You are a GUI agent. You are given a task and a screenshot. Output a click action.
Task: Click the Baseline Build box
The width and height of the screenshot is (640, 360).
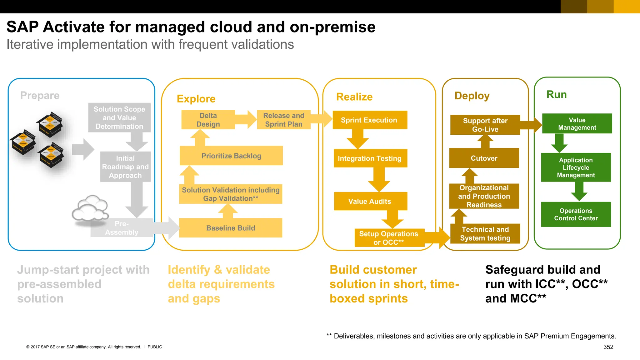click(x=231, y=228)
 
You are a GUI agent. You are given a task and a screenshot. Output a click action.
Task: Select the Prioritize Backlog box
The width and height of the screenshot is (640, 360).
click(x=231, y=156)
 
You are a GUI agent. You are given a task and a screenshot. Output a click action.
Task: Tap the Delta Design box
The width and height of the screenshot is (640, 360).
click(x=208, y=120)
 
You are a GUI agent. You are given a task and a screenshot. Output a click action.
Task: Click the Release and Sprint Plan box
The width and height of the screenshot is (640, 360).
click(x=284, y=120)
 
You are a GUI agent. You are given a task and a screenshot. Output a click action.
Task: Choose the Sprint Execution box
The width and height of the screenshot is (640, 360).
click(x=369, y=120)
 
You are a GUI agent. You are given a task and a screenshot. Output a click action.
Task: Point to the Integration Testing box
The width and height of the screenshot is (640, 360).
click(x=370, y=158)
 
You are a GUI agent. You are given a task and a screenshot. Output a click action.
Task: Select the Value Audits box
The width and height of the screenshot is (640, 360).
click(x=370, y=201)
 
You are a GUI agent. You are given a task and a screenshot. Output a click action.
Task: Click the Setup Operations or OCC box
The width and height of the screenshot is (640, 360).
click(x=389, y=238)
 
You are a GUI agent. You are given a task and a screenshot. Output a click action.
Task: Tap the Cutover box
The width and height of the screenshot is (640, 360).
click(x=484, y=158)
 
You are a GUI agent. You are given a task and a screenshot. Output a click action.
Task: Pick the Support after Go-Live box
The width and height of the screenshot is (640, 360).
click(x=485, y=125)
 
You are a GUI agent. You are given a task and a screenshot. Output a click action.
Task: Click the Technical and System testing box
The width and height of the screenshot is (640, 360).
click(x=485, y=234)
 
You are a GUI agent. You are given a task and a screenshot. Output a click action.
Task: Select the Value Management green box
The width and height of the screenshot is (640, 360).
click(x=577, y=124)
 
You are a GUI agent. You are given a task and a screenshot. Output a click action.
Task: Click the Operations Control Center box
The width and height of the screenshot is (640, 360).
click(x=576, y=214)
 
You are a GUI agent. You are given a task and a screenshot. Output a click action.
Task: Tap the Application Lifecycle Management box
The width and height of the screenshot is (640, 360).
click(x=576, y=167)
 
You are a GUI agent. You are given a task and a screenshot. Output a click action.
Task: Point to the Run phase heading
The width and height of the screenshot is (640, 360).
click(x=557, y=94)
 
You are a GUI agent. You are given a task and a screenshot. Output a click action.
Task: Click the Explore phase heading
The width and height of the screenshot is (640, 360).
click(x=196, y=99)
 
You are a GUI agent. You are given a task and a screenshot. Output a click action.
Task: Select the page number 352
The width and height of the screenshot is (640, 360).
click(x=608, y=347)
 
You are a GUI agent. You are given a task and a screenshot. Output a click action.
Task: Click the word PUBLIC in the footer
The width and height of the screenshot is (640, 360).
click(x=155, y=347)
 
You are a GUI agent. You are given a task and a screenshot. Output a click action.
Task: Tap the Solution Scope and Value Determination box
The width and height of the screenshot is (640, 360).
click(x=119, y=117)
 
